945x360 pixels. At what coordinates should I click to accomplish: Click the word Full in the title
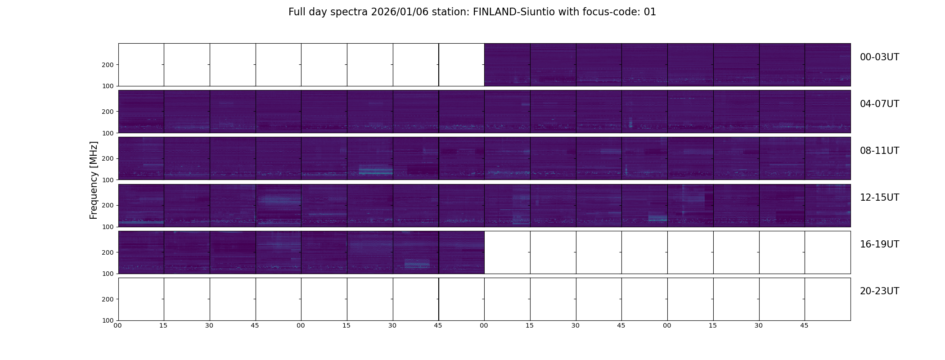pyautogui.click(x=297, y=12)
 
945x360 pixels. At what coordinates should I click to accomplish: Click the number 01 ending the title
pyautogui.click(x=650, y=12)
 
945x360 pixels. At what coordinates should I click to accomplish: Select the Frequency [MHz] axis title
pyautogui.click(x=94, y=180)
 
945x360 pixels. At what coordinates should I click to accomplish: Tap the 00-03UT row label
pyautogui.click(x=879, y=57)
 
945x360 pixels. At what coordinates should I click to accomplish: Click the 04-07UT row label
pyautogui.click(x=879, y=104)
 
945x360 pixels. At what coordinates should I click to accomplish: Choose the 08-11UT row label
pyautogui.click(x=879, y=151)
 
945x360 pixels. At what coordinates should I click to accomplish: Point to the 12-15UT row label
pyautogui.click(x=879, y=198)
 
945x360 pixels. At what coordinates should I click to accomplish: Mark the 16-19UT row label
pyautogui.click(x=879, y=244)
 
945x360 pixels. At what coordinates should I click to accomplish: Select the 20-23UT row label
pyautogui.click(x=879, y=291)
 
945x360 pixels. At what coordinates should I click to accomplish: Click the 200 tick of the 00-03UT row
pyautogui.click(x=108, y=65)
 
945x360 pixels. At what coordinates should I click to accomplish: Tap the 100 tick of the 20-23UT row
pyautogui.click(x=108, y=320)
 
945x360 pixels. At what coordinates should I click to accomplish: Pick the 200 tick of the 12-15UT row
pyautogui.click(x=108, y=205)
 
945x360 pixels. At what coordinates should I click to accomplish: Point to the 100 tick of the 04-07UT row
pyautogui.click(x=108, y=133)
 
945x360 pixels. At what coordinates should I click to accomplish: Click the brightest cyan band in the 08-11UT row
pyautogui.click(x=376, y=171)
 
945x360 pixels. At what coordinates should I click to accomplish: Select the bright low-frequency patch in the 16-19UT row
pyautogui.click(x=417, y=264)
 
